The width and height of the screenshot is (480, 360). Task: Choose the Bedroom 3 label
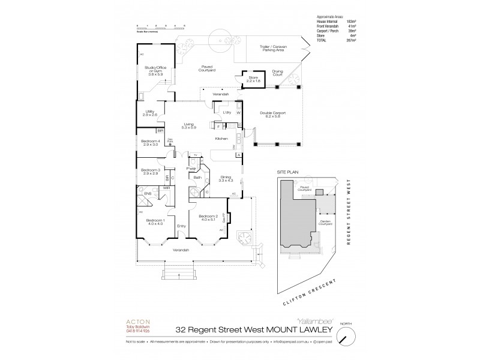149,172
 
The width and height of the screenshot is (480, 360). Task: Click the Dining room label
226,179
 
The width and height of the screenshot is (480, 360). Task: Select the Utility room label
149,113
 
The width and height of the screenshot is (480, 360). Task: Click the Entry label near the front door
181,227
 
